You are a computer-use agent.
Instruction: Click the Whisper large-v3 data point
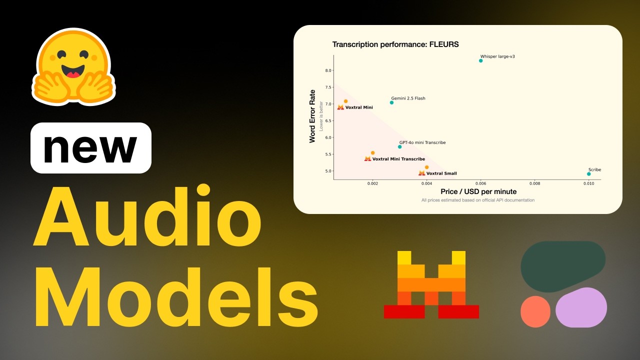tap(481, 60)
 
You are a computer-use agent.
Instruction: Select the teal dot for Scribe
tap(589, 174)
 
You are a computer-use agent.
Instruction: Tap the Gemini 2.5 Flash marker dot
tap(391, 102)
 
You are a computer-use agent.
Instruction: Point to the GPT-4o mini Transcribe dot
tap(399, 146)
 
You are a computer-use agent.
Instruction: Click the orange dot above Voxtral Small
tap(426, 167)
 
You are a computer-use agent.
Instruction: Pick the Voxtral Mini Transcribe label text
tap(398, 159)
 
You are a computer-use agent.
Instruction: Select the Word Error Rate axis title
tap(312, 116)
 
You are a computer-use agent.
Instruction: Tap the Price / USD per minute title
tap(478, 191)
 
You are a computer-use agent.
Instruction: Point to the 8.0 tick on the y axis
tap(328, 70)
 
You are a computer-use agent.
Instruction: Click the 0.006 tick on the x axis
tap(480, 183)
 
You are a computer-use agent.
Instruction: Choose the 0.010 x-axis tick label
tap(588, 183)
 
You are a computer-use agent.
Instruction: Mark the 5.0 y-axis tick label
tap(328, 171)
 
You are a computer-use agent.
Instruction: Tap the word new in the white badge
tap(90, 148)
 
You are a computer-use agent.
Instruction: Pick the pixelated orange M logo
tap(431, 284)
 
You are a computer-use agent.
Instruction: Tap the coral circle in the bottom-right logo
tap(535, 311)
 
